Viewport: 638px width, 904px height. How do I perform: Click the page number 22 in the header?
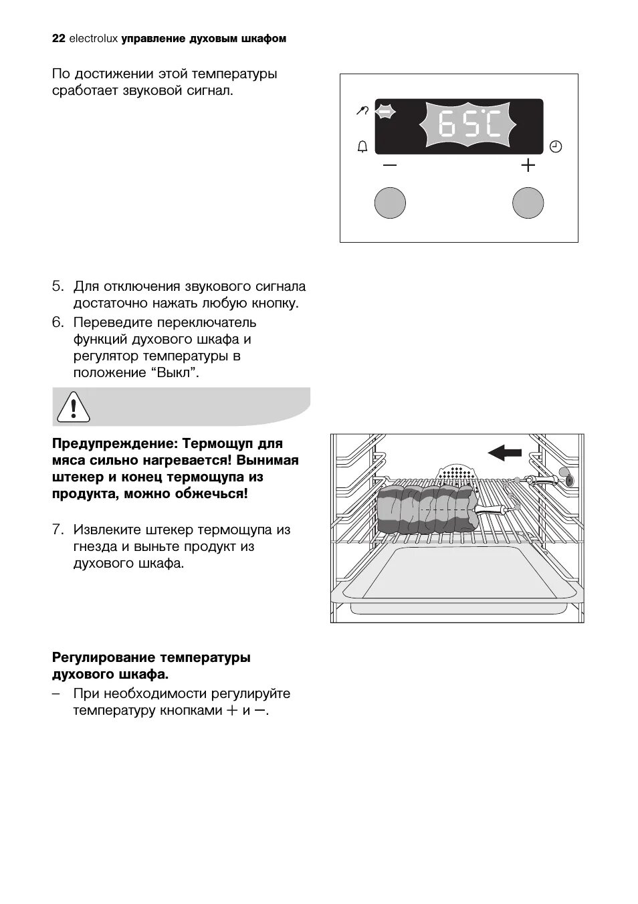point(58,39)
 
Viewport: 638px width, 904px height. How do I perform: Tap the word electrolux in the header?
point(93,39)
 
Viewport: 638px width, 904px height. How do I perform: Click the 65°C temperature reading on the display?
point(469,125)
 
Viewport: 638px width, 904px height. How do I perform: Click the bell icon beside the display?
point(362,146)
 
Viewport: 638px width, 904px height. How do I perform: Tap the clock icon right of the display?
point(555,146)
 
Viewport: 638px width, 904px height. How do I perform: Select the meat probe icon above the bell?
point(362,112)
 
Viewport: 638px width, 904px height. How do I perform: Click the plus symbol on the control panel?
point(528,164)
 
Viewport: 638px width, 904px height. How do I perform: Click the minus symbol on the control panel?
point(390,164)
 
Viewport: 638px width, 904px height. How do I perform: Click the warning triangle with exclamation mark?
point(73,406)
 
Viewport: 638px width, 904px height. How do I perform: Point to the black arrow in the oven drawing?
point(505,453)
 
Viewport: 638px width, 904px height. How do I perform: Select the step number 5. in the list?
point(58,286)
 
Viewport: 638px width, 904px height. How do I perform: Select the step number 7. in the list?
point(58,530)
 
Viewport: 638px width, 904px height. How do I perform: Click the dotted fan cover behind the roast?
point(459,473)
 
